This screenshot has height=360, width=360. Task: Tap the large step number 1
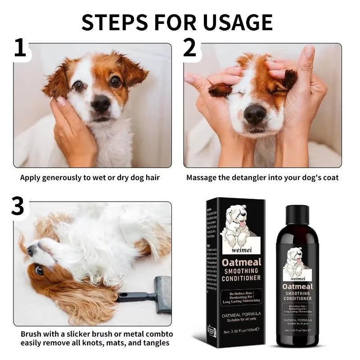tap(20, 49)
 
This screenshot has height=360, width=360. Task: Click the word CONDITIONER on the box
tap(241, 278)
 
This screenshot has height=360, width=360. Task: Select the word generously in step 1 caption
tap(64, 178)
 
